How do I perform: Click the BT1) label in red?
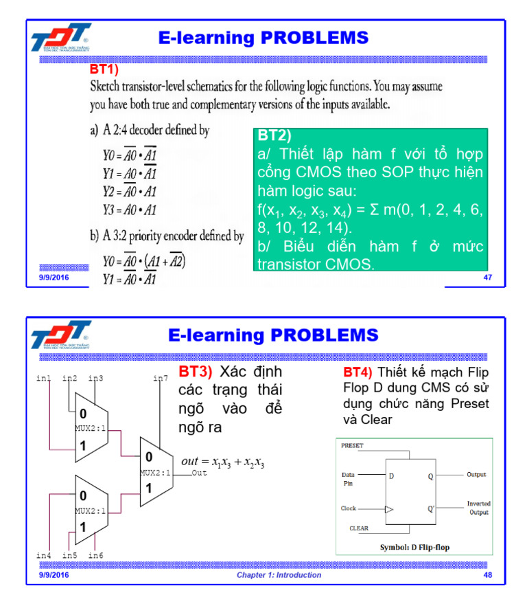tap(104, 69)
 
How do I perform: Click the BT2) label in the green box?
tap(274, 135)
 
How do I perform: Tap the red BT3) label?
tap(196, 372)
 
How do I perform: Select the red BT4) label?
tap(358, 372)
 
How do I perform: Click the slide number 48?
tap(488, 575)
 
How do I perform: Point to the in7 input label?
tap(161, 379)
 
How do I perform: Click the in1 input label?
tap(43, 379)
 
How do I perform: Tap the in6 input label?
tap(96, 555)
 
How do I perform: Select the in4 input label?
tap(43, 555)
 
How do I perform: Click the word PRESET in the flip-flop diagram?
tap(353, 446)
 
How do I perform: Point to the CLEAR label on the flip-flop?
tap(360, 528)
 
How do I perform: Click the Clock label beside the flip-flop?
tap(349, 509)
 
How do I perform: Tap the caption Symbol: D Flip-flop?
tap(414, 548)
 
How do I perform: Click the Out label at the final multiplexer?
tap(199, 473)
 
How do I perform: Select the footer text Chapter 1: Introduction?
tap(279, 575)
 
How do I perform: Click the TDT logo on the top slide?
tap(60, 38)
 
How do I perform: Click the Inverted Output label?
tap(479, 508)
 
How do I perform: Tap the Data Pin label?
tap(348, 479)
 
